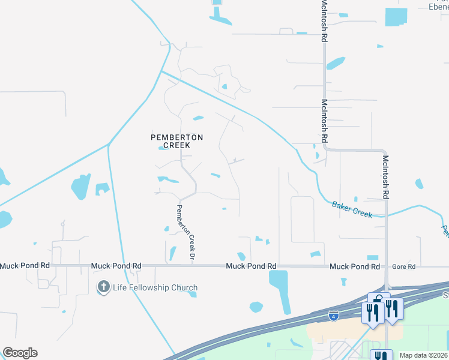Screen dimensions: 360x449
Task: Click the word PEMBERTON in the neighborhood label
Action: [176, 137]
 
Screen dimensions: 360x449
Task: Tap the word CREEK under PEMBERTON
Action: [176, 145]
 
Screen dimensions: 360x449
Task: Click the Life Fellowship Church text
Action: [155, 288]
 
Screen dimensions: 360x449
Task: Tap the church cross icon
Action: [103, 287]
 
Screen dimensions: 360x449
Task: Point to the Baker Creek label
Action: [352, 209]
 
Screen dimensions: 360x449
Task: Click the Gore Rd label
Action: [403, 266]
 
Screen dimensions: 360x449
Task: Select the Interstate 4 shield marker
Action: [333, 315]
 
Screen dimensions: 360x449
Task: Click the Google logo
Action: [20, 353]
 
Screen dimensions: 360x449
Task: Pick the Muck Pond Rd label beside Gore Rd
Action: [354, 266]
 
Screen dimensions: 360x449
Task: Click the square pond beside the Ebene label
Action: [396, 17]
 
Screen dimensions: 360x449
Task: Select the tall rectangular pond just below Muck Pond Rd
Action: [279, 291]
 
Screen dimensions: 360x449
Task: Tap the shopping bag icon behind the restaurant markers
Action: [378, 299]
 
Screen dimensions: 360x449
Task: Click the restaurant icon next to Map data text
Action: [381, 355]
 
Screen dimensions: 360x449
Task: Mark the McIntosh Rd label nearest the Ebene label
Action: [324, 21]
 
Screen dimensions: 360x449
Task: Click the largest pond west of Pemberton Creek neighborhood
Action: [80, 187]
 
